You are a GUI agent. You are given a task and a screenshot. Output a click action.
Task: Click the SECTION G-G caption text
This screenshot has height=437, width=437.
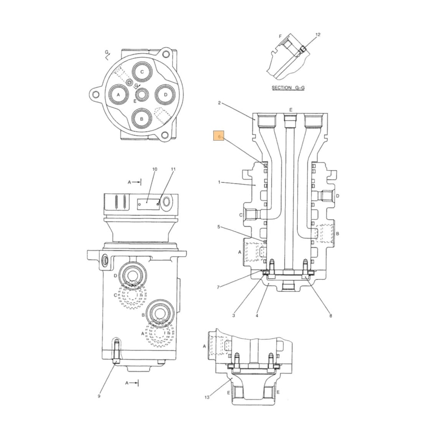[288, 87]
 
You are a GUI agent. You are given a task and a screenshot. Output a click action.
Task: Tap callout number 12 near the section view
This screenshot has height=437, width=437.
[318, 35]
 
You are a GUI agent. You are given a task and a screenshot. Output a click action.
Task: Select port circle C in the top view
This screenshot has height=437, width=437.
[142, 72]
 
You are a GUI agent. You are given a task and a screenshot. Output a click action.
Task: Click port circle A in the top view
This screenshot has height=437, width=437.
[118, 94]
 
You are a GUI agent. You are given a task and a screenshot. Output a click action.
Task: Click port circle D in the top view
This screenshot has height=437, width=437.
[165, 94]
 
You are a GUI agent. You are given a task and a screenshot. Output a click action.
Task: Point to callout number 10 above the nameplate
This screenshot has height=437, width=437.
[154, 169]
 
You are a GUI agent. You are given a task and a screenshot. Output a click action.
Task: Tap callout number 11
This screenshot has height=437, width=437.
[173, 169]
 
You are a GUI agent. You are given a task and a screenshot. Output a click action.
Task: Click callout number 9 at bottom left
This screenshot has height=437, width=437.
[99, 396]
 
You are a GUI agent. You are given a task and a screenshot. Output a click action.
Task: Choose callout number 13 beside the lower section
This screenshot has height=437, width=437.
[207, 397]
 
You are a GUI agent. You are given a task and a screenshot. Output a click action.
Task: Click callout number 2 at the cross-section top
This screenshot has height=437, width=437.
[219, 103]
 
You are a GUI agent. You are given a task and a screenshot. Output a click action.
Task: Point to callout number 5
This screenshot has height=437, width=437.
[219, 227]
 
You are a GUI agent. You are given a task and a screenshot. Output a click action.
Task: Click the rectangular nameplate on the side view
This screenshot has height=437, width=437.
[147, 202]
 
